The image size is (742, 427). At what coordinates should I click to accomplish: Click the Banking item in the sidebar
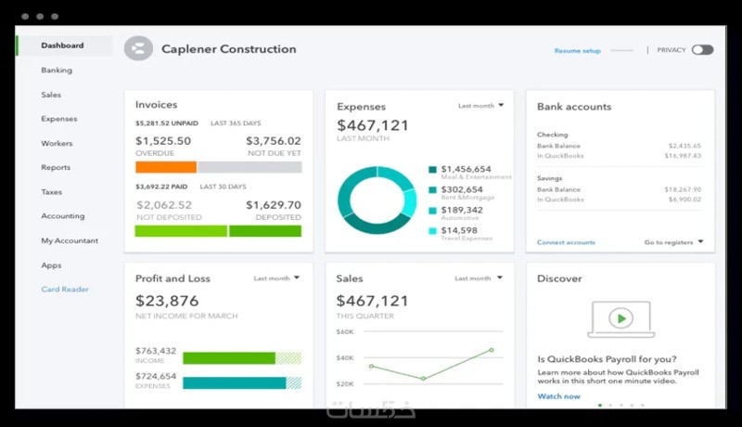click(x=57, y=71)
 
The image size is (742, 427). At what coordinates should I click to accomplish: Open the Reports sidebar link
click(x=56, y=168)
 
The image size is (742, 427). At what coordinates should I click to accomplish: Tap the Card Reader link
click(x=65, y=290)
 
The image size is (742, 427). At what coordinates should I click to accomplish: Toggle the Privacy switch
click(x=702, y=50)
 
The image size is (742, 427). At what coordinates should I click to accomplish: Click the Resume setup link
click(x=578, y=50)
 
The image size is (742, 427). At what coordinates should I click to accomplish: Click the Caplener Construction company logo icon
click(x=138, y=49)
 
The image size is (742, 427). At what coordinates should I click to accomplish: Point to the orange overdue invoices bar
click(x=166, y=167)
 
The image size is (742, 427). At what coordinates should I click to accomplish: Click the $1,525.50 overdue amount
click(x=163, y=141)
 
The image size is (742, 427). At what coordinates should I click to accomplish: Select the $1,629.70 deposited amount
click(x=274, y=205)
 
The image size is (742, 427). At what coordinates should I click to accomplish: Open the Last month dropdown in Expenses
click(x=481, y=106)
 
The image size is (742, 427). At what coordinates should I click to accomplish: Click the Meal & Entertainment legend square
click(x=432, y=170)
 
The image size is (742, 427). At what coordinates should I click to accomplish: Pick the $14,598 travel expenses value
click(x=460, y=230)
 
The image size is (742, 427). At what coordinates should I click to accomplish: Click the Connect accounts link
click(x=566, y=242)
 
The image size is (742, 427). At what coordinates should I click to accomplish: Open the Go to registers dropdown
click(x=673, y=242)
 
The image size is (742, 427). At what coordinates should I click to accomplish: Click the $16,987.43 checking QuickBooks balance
click(x=684, y=156)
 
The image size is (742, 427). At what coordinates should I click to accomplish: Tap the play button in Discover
click(x=620, y=318)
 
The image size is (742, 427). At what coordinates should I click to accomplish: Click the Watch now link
click(x=558, y=396)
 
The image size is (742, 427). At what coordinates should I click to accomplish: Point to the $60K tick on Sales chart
click(x=345, y=331)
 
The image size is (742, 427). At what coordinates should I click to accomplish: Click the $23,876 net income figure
click(x=167, y=301)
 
